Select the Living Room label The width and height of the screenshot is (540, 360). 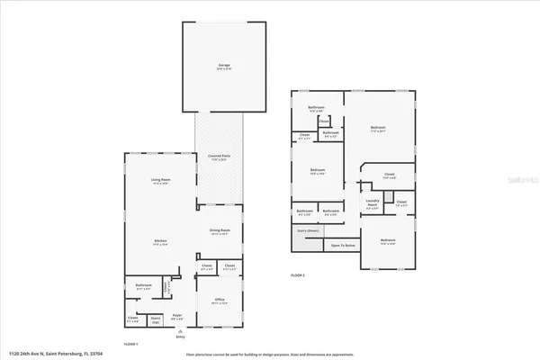click(x=161, y=182)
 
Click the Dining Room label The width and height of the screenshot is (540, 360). click(x=220, y=232)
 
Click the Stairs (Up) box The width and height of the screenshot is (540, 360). click(x=156, y=318)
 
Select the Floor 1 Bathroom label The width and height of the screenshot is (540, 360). click(x=144, y=286)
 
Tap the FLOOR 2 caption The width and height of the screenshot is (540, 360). click(x=299, y=274)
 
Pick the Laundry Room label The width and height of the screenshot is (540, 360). click(x=372, y=204)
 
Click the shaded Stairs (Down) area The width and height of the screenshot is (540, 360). click(x=307, y=230)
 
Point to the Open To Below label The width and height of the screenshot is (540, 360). click(x=342, y=245)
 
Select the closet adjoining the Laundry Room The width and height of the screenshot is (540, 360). click(x=401, y=203)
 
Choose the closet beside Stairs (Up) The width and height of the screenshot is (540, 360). click(x=133, y=318)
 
